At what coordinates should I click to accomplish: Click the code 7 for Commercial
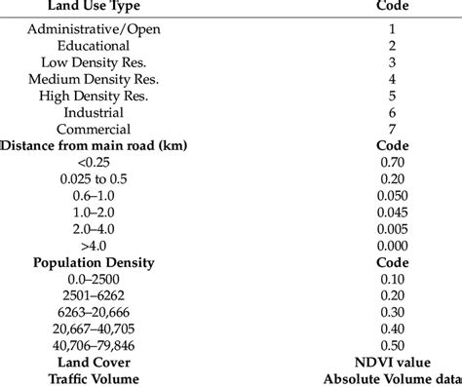[391, 129]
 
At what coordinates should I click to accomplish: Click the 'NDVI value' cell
[391, 362]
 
